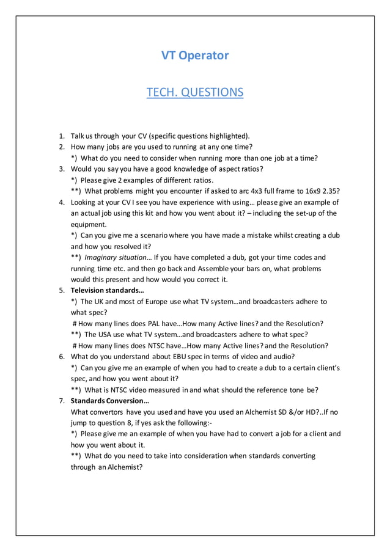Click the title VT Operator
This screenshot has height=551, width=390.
[x=195, y=56]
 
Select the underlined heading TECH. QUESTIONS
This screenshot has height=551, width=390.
[x=195, y=92]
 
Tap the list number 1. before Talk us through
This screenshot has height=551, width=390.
[x=62, y=136]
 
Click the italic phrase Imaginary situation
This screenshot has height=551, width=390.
[x=117, y=257]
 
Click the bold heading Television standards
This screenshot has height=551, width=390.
[x=107, y=290]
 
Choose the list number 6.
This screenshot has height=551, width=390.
[x=62, y=356]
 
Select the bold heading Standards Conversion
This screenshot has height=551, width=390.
[x=109, y=401]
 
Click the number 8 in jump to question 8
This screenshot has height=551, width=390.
[x=126, y=423]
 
